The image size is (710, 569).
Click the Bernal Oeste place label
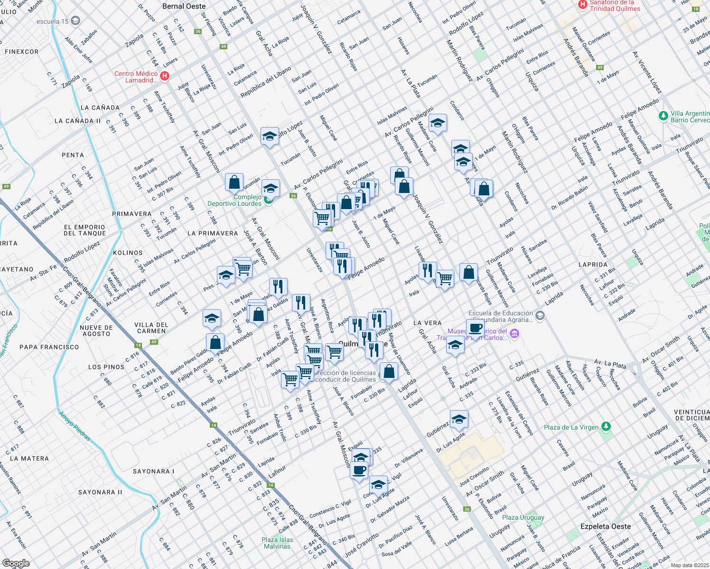[x=184, y=7]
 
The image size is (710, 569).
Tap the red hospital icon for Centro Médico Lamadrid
[x=165, y=76]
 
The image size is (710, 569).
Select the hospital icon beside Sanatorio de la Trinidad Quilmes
[x=582, y=5]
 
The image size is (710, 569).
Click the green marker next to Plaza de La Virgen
[x=606, y=427]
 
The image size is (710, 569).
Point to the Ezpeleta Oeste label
[x=606, y=526]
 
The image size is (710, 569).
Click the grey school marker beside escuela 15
[x=76, y=21]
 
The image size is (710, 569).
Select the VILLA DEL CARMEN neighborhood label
[x=151, y=328]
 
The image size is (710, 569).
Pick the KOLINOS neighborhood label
[x=128, y=253]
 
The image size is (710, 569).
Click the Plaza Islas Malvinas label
[x=277, y=543]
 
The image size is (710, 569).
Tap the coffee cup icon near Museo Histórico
[x=475, y=328]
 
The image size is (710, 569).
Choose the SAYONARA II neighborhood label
[x=100, y=492]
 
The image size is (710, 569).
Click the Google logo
[x=16, y=563]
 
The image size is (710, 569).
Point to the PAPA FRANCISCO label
[x=49, y=347]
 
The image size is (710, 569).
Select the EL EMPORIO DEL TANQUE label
[x=85, y=230]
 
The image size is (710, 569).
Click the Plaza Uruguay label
[x=523, y=517]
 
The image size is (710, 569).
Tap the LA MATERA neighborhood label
[x=29, y=459]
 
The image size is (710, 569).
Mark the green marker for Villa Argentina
[x=663, y=116]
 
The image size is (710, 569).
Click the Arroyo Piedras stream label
[x=74, y=426]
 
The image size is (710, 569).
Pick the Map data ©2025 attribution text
[x=689, y=565]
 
